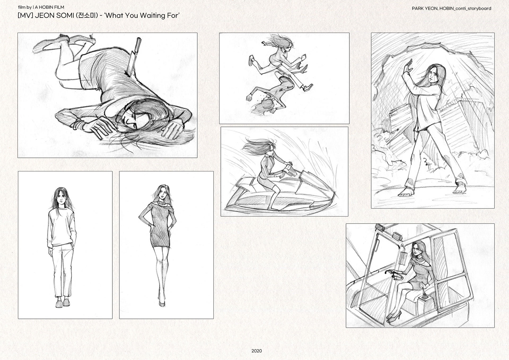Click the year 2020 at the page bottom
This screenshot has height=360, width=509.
pyautogui.click(x=257, y=351)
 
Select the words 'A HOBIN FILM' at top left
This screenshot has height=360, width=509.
pyautogui.click(x=50, y=7)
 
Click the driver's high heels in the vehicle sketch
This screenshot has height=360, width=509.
pyautogui.click(x=394, y=315)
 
